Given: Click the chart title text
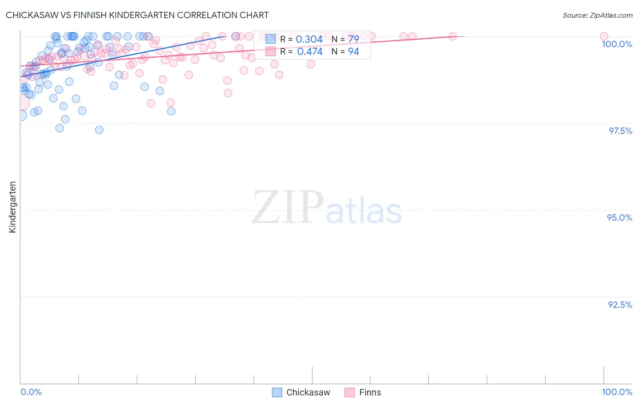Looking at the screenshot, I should coord(137,15).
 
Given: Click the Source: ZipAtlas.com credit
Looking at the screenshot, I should coord(597,15).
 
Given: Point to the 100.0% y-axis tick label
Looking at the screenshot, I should coord(617,44).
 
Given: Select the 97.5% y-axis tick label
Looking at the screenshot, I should coord(620,131).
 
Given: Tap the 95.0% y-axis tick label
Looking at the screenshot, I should coord(619,217).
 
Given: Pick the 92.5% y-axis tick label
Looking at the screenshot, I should coord(620,305).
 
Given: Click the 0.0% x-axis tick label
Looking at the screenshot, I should coord(31,392).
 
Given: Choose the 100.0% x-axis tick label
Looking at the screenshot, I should coord(617,392).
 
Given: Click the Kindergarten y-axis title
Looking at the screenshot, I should coord(12,207).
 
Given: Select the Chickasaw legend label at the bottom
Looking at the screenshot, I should coord(308,392).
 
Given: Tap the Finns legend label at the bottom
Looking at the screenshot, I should coord(370,392).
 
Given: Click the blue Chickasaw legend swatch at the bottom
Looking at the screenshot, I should coord(277,392).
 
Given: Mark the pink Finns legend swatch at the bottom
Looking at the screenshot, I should coord(349,392).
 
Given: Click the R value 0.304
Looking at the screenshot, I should coord(309,40).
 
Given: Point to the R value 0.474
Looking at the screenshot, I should coord(309,52).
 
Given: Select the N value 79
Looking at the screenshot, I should coord(353,40).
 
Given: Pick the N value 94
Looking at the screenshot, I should coord(353,52).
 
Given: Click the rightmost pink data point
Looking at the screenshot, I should coord(604,36).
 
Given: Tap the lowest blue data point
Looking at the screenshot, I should coord(99,130).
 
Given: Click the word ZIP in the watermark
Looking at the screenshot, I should coord(288,208).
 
